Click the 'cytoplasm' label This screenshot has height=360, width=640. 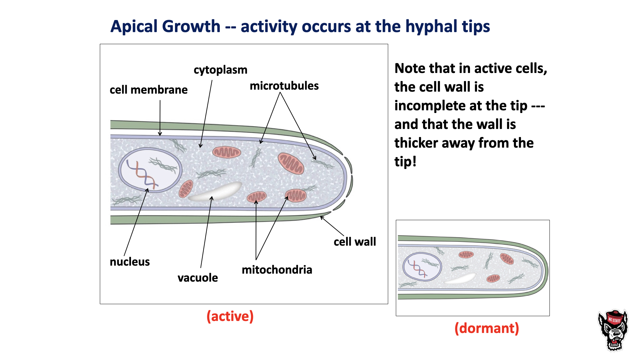pyautogui.click(x=220, y=70)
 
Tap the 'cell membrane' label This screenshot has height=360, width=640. pyautogui.click(x=148, y=90)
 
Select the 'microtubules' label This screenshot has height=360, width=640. pyautogui.click(x=284, y=86)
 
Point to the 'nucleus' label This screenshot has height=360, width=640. pyautogui.click(x=130, y=262)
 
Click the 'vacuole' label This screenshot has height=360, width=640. pyautogui.click(x=198, y=278)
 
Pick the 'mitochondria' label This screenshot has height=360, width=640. pyautogui.click(x=277, y=270)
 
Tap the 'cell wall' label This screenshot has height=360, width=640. pyautogui.click(x=355, y=242)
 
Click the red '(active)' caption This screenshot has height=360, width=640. pyautogui.click(x=230, y=316)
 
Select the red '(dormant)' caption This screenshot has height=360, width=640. pyautogui.click(x=487, y=328)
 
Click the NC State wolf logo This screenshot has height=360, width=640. pyautogui.click(x=613, y=330)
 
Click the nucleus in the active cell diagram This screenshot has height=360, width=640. pyautogui.click(x=150, y=170)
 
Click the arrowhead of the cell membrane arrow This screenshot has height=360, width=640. pyautogui.click(x=160, y=134)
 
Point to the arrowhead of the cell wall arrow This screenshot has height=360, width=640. pyautogui.click(x=321, y=217)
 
